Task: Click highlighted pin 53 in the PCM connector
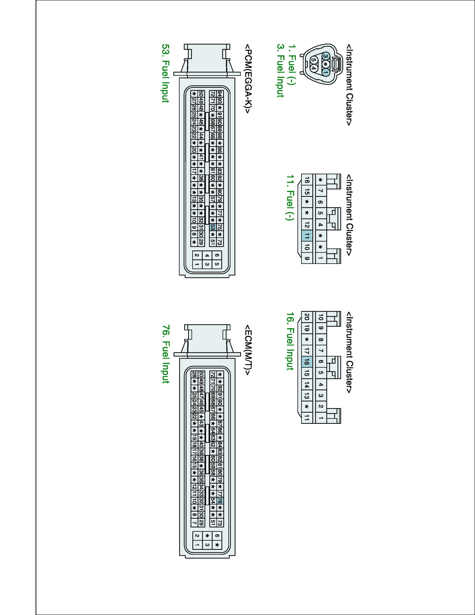tap(213, 227)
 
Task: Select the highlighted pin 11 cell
tap(307, 236)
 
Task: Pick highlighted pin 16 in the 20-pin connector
tap(307, 362)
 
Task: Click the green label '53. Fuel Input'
tap(165, 73)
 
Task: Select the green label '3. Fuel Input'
tap(281, 70)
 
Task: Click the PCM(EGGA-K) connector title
tap(248, 79)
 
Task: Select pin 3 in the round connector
tap(326, 56)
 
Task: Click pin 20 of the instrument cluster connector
tap(307, 317)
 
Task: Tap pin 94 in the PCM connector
tap(220, 93)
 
